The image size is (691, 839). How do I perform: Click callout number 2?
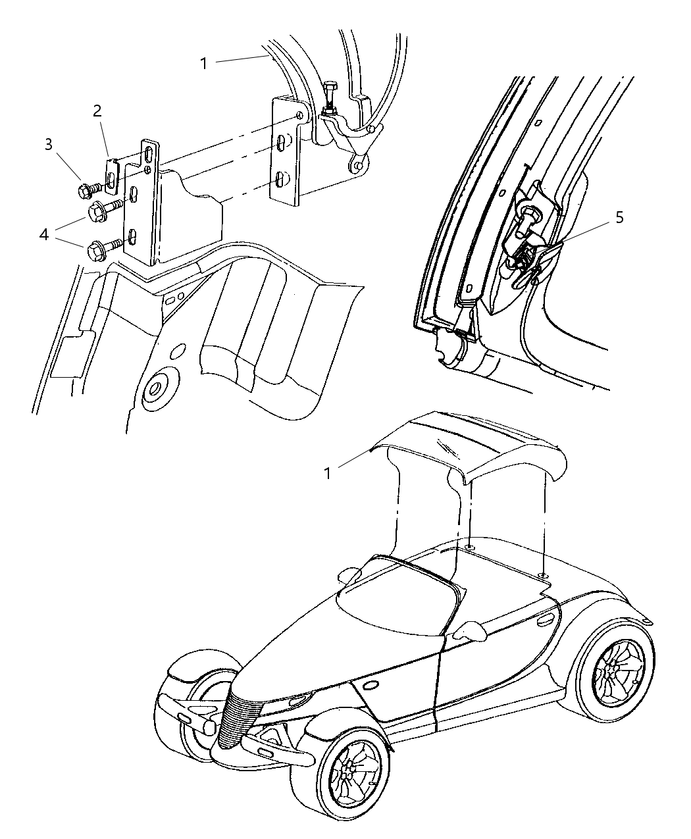tap(97, 111)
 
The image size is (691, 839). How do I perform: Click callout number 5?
tap(619, 218)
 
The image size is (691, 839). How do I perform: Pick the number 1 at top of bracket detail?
tap(204, 63)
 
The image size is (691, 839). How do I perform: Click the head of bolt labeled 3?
tap(84, 191)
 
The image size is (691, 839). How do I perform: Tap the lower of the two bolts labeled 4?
tap(93, 250)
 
